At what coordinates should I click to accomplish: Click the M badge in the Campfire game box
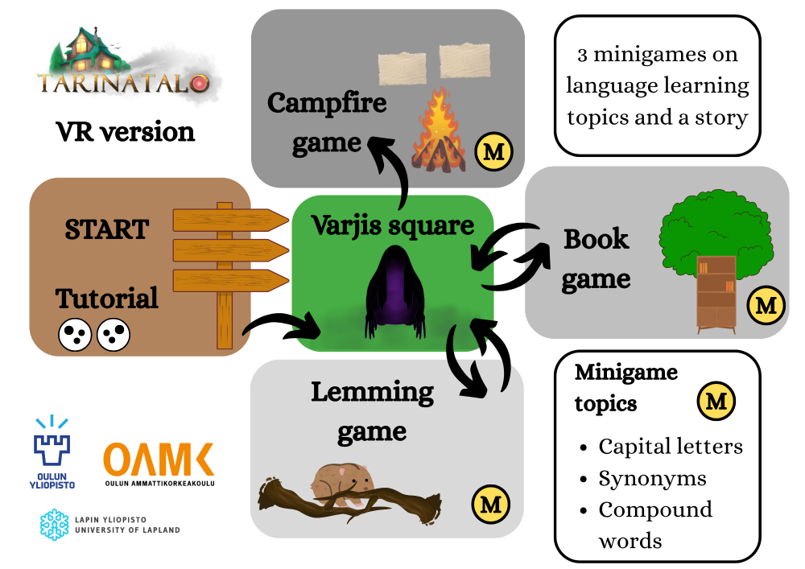[x=493, y=150]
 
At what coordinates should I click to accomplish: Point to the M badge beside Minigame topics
[x=716, y=401]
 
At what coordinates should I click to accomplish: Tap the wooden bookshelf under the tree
[x=716, y=292]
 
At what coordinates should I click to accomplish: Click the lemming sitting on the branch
[x=341, y=483]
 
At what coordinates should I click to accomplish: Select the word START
[x=107, y=229]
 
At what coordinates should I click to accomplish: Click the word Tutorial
[x=107, y=299]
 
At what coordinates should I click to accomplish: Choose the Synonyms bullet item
[x=652, y=478]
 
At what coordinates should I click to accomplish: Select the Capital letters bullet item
[x=670, y=447]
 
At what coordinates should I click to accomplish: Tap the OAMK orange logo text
[x=159, y=460]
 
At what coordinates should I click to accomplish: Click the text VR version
[x=125, y=131]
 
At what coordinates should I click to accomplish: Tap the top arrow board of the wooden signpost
[x=229, y=220]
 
